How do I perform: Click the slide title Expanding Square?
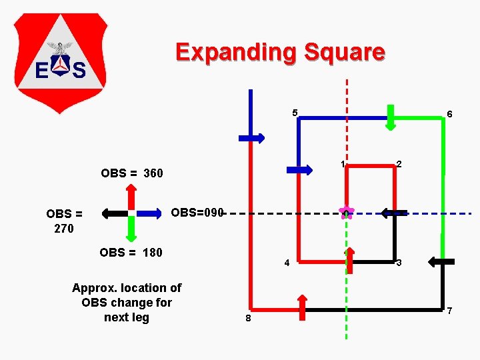point(280,52)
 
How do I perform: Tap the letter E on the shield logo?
point(41,69)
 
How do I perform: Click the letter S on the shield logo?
point(79,69)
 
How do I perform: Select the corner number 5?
point(294,112)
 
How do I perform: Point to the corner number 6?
point(450,115)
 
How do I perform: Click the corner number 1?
point(342,164)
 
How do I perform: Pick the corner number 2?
point(399,164)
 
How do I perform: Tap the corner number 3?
point(399,263)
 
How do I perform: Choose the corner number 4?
point(287,263)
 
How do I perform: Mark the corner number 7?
point(450,311)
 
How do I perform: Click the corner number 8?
point(248,319)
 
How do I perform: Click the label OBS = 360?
point(131,173)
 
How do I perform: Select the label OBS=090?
point(197,213)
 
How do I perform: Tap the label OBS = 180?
point(131,253)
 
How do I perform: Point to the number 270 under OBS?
point(64,229)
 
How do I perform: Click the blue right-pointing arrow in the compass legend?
point(151,213)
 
